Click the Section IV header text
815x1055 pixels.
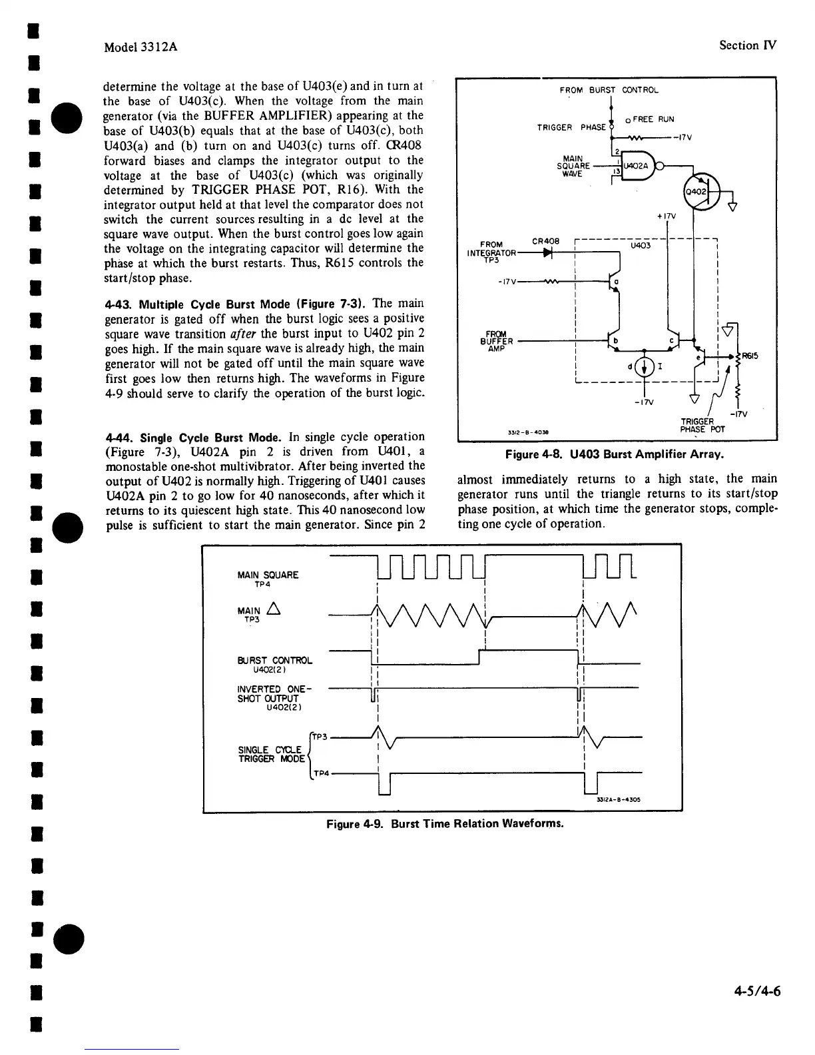coord(748,45)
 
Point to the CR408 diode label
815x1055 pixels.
coord(545,240)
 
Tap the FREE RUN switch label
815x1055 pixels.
coord(653,119)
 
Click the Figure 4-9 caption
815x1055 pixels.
coord(445,823)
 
